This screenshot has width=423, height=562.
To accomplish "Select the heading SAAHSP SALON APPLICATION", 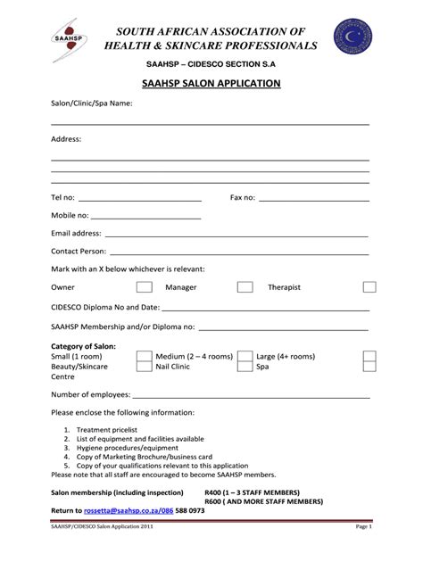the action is [x=211, y=83].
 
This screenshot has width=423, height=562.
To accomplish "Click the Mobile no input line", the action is [x=146, y=219].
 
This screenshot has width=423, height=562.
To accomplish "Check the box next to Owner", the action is [x=143, y=287].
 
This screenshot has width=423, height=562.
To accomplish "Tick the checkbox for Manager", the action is [x=245, y=287].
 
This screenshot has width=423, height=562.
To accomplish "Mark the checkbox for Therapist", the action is [x=369, y=287].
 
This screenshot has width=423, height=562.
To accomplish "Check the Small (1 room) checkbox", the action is [x=143, y=356].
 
